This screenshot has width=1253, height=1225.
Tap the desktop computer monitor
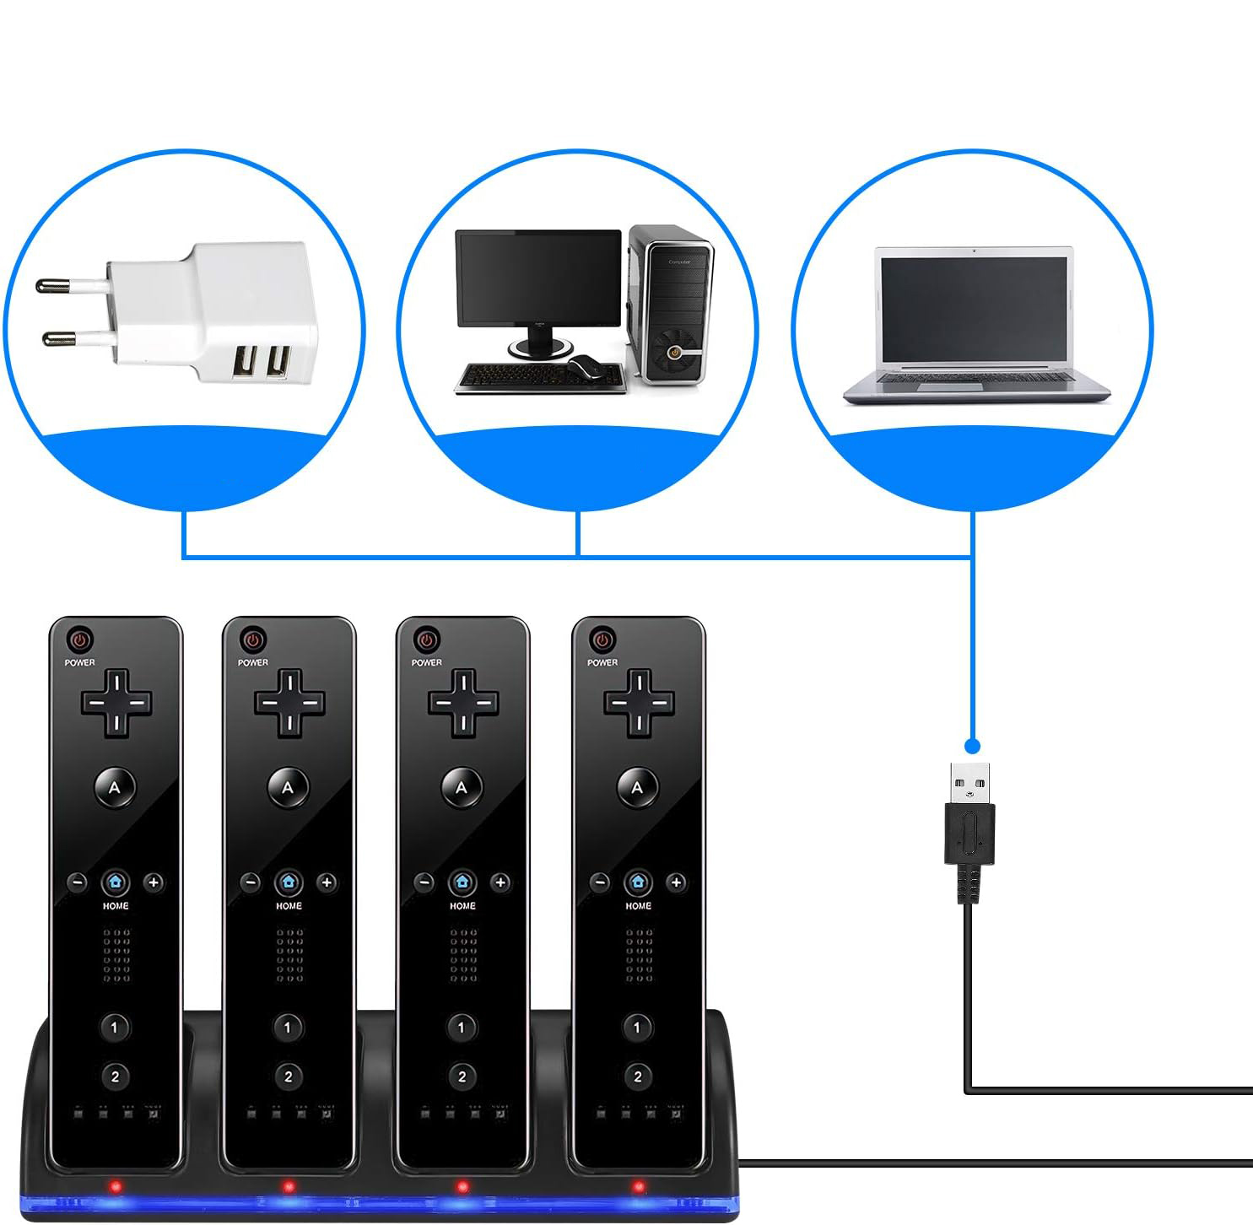pos(538,278)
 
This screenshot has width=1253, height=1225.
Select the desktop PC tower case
pos(672,304)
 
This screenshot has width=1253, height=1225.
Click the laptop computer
pos(975,325)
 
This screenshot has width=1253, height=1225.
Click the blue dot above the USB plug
pos(972,747)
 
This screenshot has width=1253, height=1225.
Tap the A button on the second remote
pos(288,788)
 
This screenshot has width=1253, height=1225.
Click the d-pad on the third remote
pos(462,702)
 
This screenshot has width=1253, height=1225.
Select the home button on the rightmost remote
pos(638,882)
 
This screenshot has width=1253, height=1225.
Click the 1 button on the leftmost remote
pos(115,1028)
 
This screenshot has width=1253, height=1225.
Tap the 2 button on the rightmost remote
pos(637,1077)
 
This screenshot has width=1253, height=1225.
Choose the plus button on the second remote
pos(327,882)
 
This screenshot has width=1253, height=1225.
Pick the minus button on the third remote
pos(424,882)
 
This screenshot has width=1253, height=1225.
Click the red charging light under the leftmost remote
pos(116,1186)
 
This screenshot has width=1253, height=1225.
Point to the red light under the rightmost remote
pos(639,1186)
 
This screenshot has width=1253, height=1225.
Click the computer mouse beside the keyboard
pos(585,368)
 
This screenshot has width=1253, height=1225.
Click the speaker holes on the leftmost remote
pos(116,955)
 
